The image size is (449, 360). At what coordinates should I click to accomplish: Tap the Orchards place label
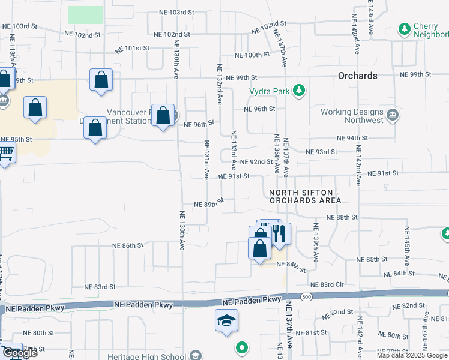tap(358, 76)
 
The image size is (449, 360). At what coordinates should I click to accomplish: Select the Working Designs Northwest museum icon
tap(393, 115)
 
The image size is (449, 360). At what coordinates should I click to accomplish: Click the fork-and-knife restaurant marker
tap(278, 233)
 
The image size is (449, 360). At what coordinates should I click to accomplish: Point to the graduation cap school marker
tap(226, 321)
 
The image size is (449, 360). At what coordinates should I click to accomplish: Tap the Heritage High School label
tap(155, 356)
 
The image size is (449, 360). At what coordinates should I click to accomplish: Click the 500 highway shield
tap(306, 297)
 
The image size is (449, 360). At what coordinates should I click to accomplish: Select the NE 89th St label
tap(208, 203)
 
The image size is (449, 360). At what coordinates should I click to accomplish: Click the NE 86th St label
tap(128, 245)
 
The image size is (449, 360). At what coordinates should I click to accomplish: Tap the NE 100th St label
tap(252, 55)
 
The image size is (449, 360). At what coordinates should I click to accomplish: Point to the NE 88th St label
tap(342, 217)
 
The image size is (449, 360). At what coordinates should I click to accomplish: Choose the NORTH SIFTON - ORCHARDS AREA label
tap(305, 196)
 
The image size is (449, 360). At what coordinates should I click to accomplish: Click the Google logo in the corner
tap(19, 353)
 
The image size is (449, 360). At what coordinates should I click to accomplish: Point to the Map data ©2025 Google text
tap(412, 355)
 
